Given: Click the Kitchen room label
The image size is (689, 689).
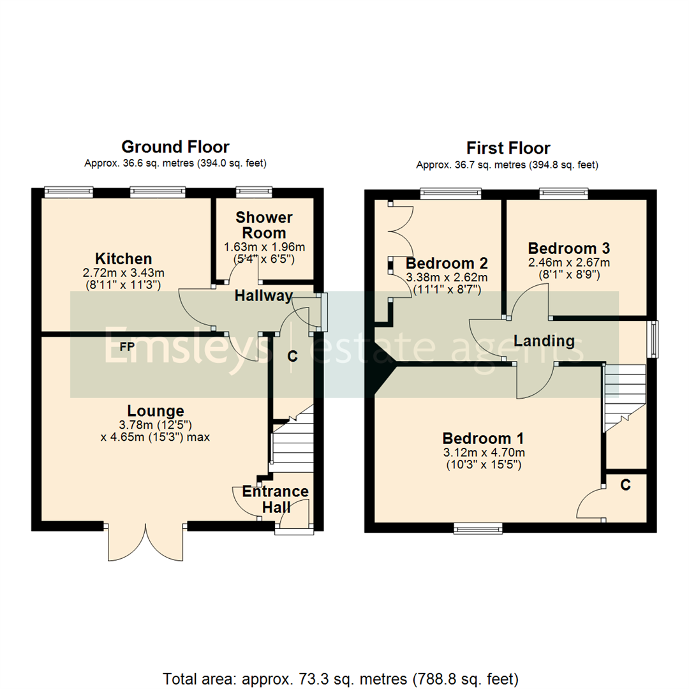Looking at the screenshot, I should (123, 259).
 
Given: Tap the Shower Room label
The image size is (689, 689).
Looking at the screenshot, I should (263, 225).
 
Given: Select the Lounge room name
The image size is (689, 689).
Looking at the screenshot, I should (156, 411).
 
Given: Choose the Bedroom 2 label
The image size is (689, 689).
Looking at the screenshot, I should (447, 263).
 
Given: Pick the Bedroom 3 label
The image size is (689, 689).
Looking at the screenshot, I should (569, 248).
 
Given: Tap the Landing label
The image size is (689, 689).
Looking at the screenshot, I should (544, 341).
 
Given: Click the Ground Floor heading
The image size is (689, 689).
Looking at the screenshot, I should (175, 147).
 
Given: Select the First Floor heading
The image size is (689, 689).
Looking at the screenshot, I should (508, 149).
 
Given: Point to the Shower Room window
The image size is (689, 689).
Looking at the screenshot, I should (255, 191).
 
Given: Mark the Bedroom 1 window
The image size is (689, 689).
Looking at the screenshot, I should (478, 528).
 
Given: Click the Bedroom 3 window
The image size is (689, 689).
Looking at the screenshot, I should (564, 192).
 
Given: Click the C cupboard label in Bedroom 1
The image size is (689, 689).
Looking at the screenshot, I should (626, 485).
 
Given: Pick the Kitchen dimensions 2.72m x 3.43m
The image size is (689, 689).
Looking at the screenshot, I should (123, 274).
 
